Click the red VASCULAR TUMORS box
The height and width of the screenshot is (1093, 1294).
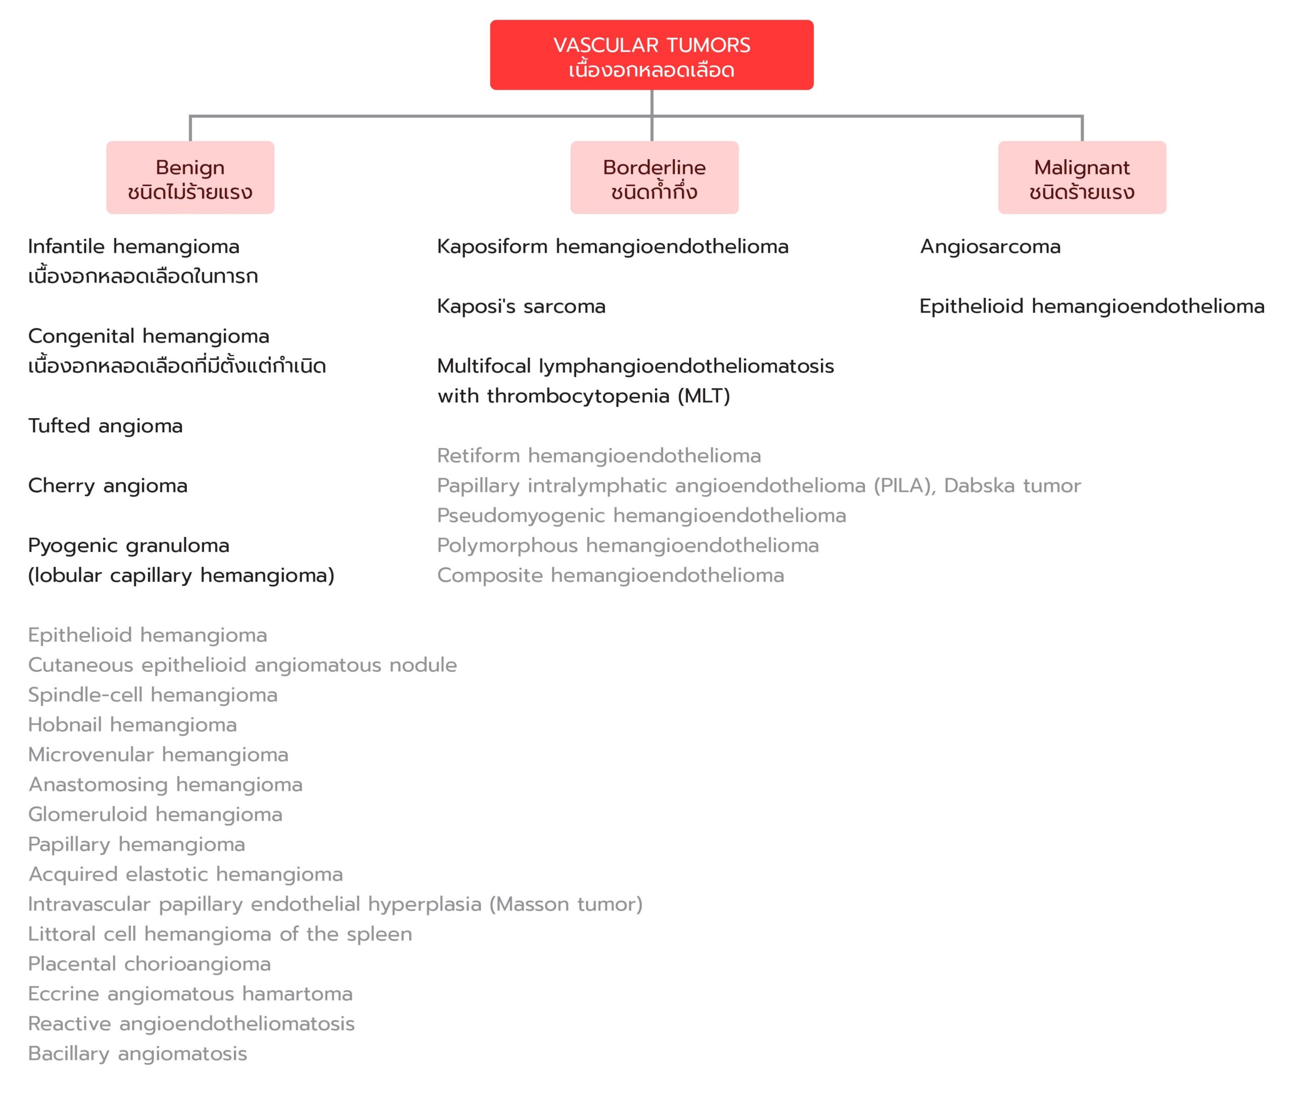651,55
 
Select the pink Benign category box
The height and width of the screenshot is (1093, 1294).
190,177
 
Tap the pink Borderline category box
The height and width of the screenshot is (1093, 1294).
654,177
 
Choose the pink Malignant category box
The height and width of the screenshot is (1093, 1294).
1082,177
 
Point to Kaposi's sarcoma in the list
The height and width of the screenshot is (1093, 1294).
521,306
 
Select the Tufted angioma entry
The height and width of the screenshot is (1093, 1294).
105,426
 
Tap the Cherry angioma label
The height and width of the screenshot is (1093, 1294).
108,486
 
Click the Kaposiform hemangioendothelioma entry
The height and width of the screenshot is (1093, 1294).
613,247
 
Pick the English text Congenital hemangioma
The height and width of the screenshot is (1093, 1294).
149,337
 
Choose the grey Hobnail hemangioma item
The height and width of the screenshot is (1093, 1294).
132,725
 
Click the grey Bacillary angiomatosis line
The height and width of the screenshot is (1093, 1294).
137,1054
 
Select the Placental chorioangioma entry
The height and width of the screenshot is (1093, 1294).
149,964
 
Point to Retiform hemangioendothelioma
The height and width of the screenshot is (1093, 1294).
599,456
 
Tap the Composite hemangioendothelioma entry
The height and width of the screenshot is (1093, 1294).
611,576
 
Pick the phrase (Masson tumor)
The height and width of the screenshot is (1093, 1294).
566,904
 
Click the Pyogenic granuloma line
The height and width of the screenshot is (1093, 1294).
129,546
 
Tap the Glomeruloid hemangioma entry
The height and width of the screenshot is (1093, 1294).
156,815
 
